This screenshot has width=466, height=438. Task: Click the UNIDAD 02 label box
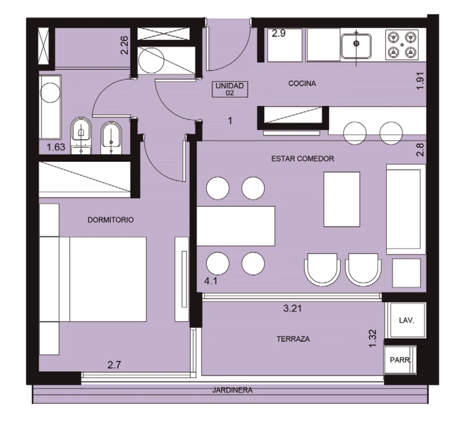[230, 89]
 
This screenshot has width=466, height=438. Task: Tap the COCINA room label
[302, 83]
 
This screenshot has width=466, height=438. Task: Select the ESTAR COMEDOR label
[303, 159]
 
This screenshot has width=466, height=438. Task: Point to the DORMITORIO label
[110, 220]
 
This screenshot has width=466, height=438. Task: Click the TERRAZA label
[293, 339]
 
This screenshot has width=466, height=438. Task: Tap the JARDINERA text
[232, 390]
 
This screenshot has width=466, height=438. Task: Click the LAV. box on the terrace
[406, 321]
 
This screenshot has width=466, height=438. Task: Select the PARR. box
[400, 360]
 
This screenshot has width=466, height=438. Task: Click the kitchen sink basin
[356, 46]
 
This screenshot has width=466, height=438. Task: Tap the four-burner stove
[402, 45]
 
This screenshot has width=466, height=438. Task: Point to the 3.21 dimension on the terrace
[292, 308]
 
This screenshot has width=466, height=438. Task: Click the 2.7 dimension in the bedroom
[114, 365]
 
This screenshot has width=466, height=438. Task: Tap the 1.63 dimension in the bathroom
[56, 147]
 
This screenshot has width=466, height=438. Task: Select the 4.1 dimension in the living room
[210, 281]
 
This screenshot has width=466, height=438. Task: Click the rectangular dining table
[236, 226]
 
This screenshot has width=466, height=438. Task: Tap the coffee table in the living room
[342, 200]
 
